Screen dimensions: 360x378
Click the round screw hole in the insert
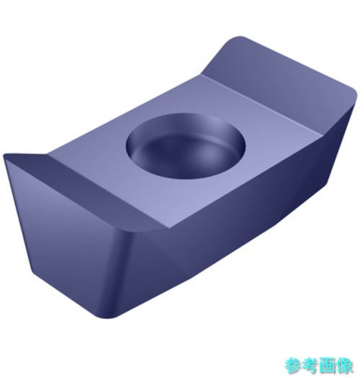click(186, 145)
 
